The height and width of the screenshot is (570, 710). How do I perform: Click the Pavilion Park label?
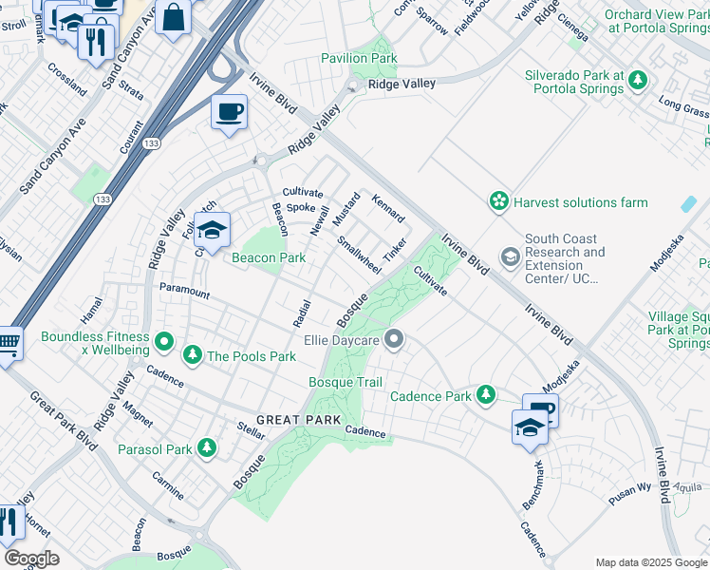pos(359,58)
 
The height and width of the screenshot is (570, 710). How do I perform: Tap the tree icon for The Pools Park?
pos(193,355)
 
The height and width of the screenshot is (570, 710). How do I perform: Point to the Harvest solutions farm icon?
pos(497,201)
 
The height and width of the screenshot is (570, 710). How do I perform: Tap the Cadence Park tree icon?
pos(486,393)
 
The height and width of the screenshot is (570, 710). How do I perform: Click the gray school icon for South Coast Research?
pos(510,257)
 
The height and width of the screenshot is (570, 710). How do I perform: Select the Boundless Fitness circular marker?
pos(164,339)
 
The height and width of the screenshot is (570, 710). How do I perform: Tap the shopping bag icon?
pos(174,17)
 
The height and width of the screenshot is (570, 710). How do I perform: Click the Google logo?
pos(31,559)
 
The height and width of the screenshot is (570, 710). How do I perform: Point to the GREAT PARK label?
pos(290,420)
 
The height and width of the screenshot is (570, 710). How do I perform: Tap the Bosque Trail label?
pos(346,382)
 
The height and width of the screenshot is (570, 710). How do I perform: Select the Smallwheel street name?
pos(359,254)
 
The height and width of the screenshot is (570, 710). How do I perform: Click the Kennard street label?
pos(387,210)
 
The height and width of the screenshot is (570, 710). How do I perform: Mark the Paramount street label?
pos(184,291)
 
